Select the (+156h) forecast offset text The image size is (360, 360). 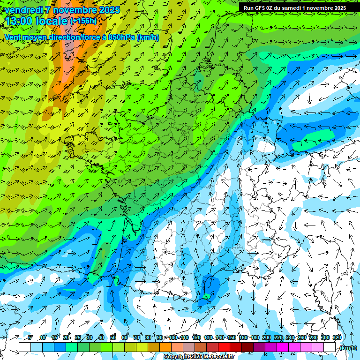(x=83, y=21)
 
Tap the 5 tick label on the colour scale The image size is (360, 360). (x=30, y=337)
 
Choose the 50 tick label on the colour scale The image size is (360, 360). (x=113, y=337)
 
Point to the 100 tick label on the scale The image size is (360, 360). (x=172, y=337)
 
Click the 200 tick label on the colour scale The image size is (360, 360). (x=266, y=337)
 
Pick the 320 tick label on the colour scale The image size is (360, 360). (x=337, y=337)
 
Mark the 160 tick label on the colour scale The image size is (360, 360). (x=243, y=337)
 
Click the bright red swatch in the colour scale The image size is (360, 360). (x=224, y=347)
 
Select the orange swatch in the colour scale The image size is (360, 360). (x=165, y=347)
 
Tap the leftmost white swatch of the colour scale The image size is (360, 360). (x=25, y=347)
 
